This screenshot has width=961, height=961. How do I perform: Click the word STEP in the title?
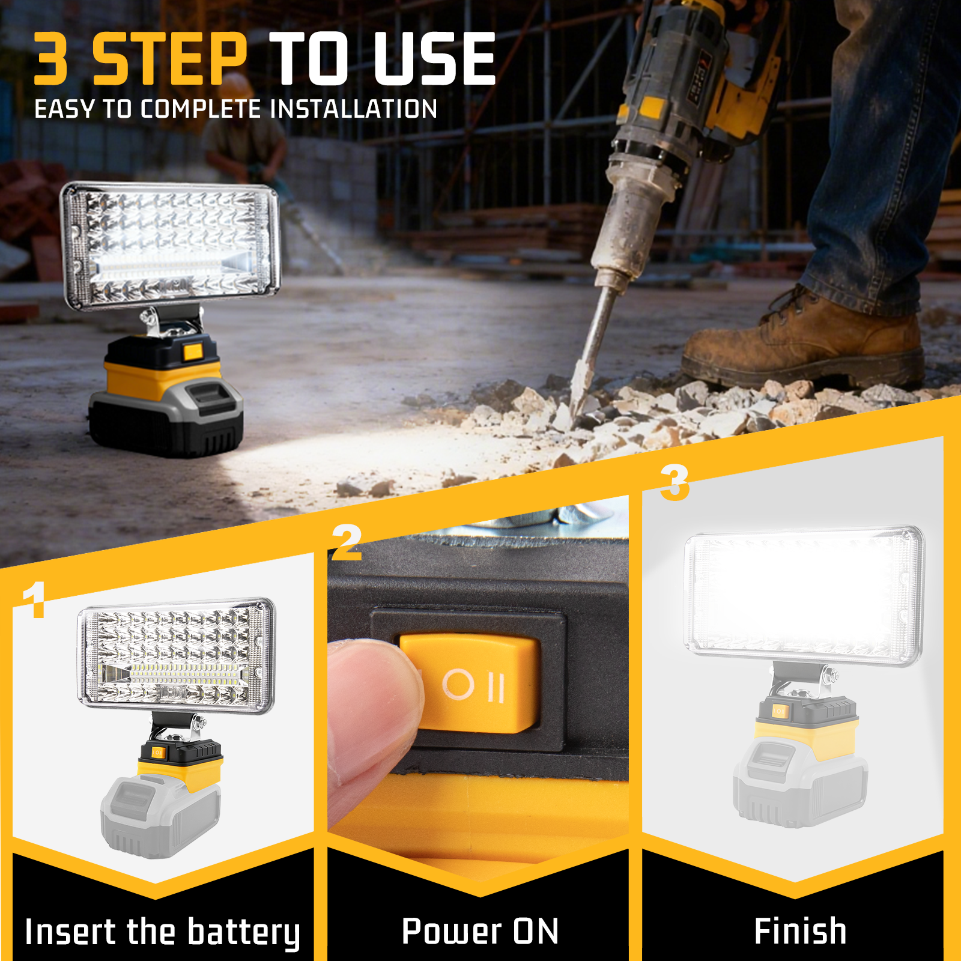coord(169,58)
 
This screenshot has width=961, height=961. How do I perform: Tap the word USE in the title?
coord(434,58)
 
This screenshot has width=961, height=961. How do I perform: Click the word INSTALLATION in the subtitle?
coord(354,109)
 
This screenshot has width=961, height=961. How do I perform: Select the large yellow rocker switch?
coord(470,683)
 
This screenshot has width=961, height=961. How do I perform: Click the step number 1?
coord(34,599)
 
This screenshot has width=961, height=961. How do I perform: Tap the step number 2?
coord(347,542)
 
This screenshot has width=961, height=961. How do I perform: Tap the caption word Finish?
coord(800,931)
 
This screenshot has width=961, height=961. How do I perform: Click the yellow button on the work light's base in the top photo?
coord(193,351)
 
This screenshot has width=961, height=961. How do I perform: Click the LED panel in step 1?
coord(176,656)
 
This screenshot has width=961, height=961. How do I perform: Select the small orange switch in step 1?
coord(157,752)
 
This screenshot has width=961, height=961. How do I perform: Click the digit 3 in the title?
coord(50,58)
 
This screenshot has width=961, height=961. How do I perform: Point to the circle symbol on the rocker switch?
coord(458,684)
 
